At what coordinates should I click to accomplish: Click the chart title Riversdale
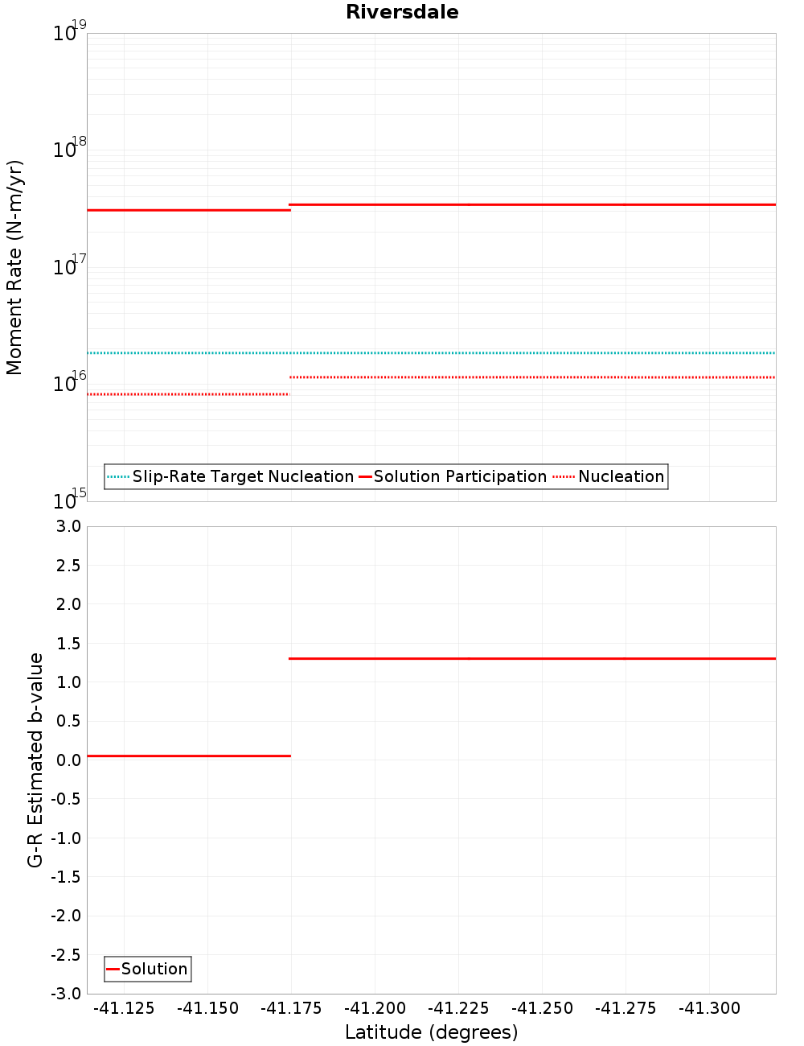click(402, 12)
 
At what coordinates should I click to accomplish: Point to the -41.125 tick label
click(124, 1008)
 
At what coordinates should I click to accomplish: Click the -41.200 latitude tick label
click(375, 1008)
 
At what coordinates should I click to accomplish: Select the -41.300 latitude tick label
click(709, 1008)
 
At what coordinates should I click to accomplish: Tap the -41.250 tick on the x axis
click(542, 1008)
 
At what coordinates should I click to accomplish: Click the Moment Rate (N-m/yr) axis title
click(14, 267)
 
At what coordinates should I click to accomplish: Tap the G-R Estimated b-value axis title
click(35, 760)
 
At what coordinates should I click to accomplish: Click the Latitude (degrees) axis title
click(431, 1032)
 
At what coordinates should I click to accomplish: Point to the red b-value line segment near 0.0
click(188, 756)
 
